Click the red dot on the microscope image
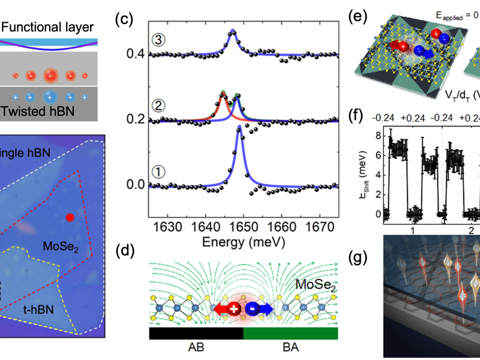[x=70, y=218]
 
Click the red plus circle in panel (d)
[x=234, y=309]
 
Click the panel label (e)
[x=357, y=17]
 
